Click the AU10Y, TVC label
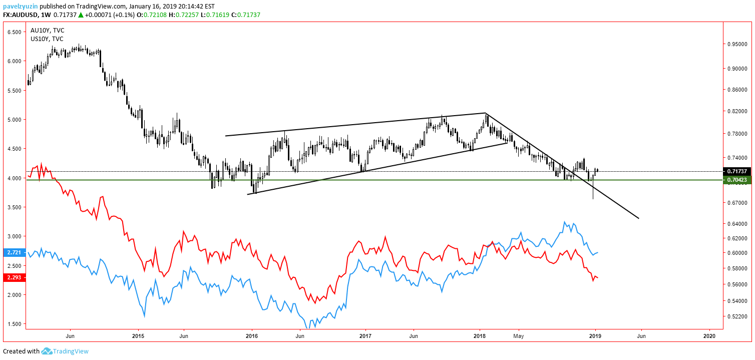click(x=47, y=31)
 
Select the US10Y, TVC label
click(x=47, y=39)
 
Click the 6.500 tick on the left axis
click(x=14, y=32)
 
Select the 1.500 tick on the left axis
click(x=14, y=324)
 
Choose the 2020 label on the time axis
click(x=709, y=335)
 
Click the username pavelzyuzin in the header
click(x=20, y=6)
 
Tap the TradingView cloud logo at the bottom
click(x=47, y=351)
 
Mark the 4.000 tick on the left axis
click(x=14, y=178)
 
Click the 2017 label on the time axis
click(x=366, y=335)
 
